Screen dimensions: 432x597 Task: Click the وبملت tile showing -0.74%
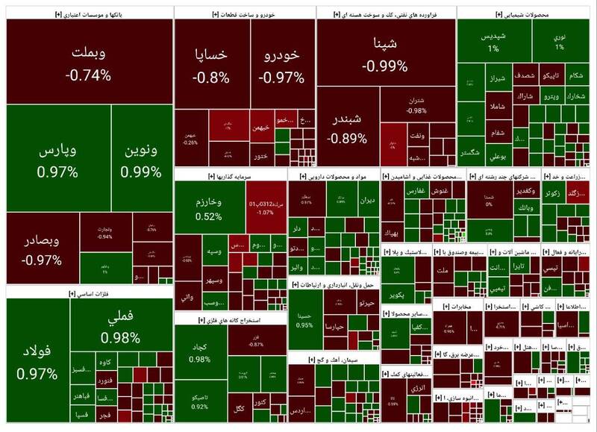click(x=88, y=63)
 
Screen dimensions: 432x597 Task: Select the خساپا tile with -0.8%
click(x=210, y=66)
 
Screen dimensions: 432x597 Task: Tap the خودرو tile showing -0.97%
click(x=281, y=66)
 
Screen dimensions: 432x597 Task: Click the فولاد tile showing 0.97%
click(x=37, y=362)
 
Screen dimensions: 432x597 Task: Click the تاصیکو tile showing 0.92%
click(x=199, y=401)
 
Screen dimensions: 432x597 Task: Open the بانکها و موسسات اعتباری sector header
click(x=88, y=13)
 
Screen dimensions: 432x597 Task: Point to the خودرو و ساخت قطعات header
click(x=244, y=13)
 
